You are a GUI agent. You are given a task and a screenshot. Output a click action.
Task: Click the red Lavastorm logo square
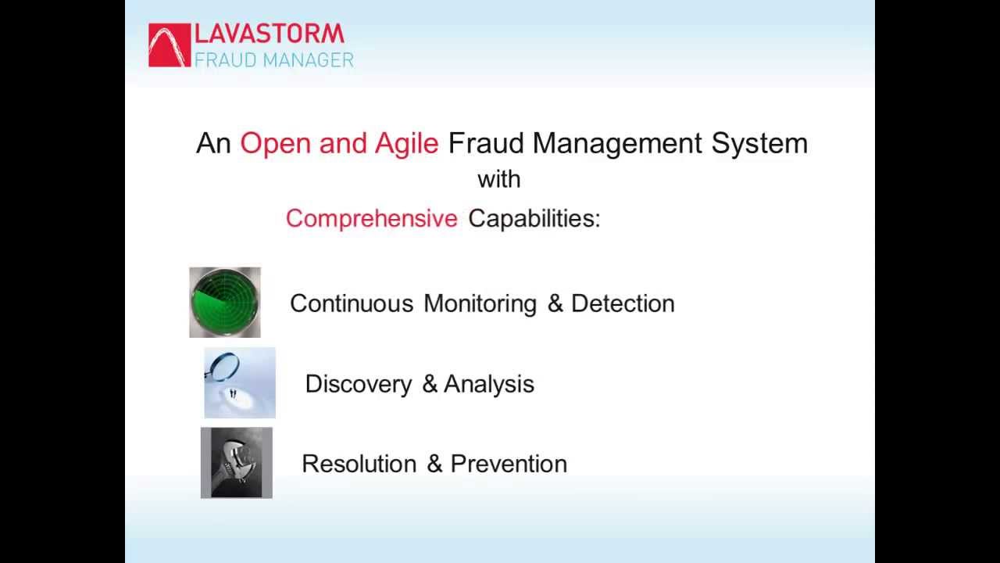[170, 45]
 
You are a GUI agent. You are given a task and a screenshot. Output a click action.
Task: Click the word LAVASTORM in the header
[269, 34]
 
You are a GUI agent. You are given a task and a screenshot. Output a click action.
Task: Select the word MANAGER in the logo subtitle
[309, 59]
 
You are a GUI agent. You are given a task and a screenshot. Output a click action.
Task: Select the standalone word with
[498, 179]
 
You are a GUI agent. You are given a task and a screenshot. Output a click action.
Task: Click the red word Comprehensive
[371, 219]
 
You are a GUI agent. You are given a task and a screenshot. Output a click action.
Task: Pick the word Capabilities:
[534, 219]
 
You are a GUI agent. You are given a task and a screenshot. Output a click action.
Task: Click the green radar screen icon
[225, 303]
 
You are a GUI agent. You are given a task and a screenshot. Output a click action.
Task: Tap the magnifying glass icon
[240, 383]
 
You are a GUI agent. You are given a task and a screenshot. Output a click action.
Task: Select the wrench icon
[237, 463]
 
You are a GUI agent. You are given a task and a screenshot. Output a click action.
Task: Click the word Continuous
[352, 303]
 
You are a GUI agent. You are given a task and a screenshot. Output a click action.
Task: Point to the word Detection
[623, 303]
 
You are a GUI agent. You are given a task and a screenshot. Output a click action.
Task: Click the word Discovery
[358, 384]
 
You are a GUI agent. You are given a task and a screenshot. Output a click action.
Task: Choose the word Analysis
[489, 384]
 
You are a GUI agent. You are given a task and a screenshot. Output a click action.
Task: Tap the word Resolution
[359, 464]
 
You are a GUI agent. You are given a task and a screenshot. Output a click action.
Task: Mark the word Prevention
[509, 464]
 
